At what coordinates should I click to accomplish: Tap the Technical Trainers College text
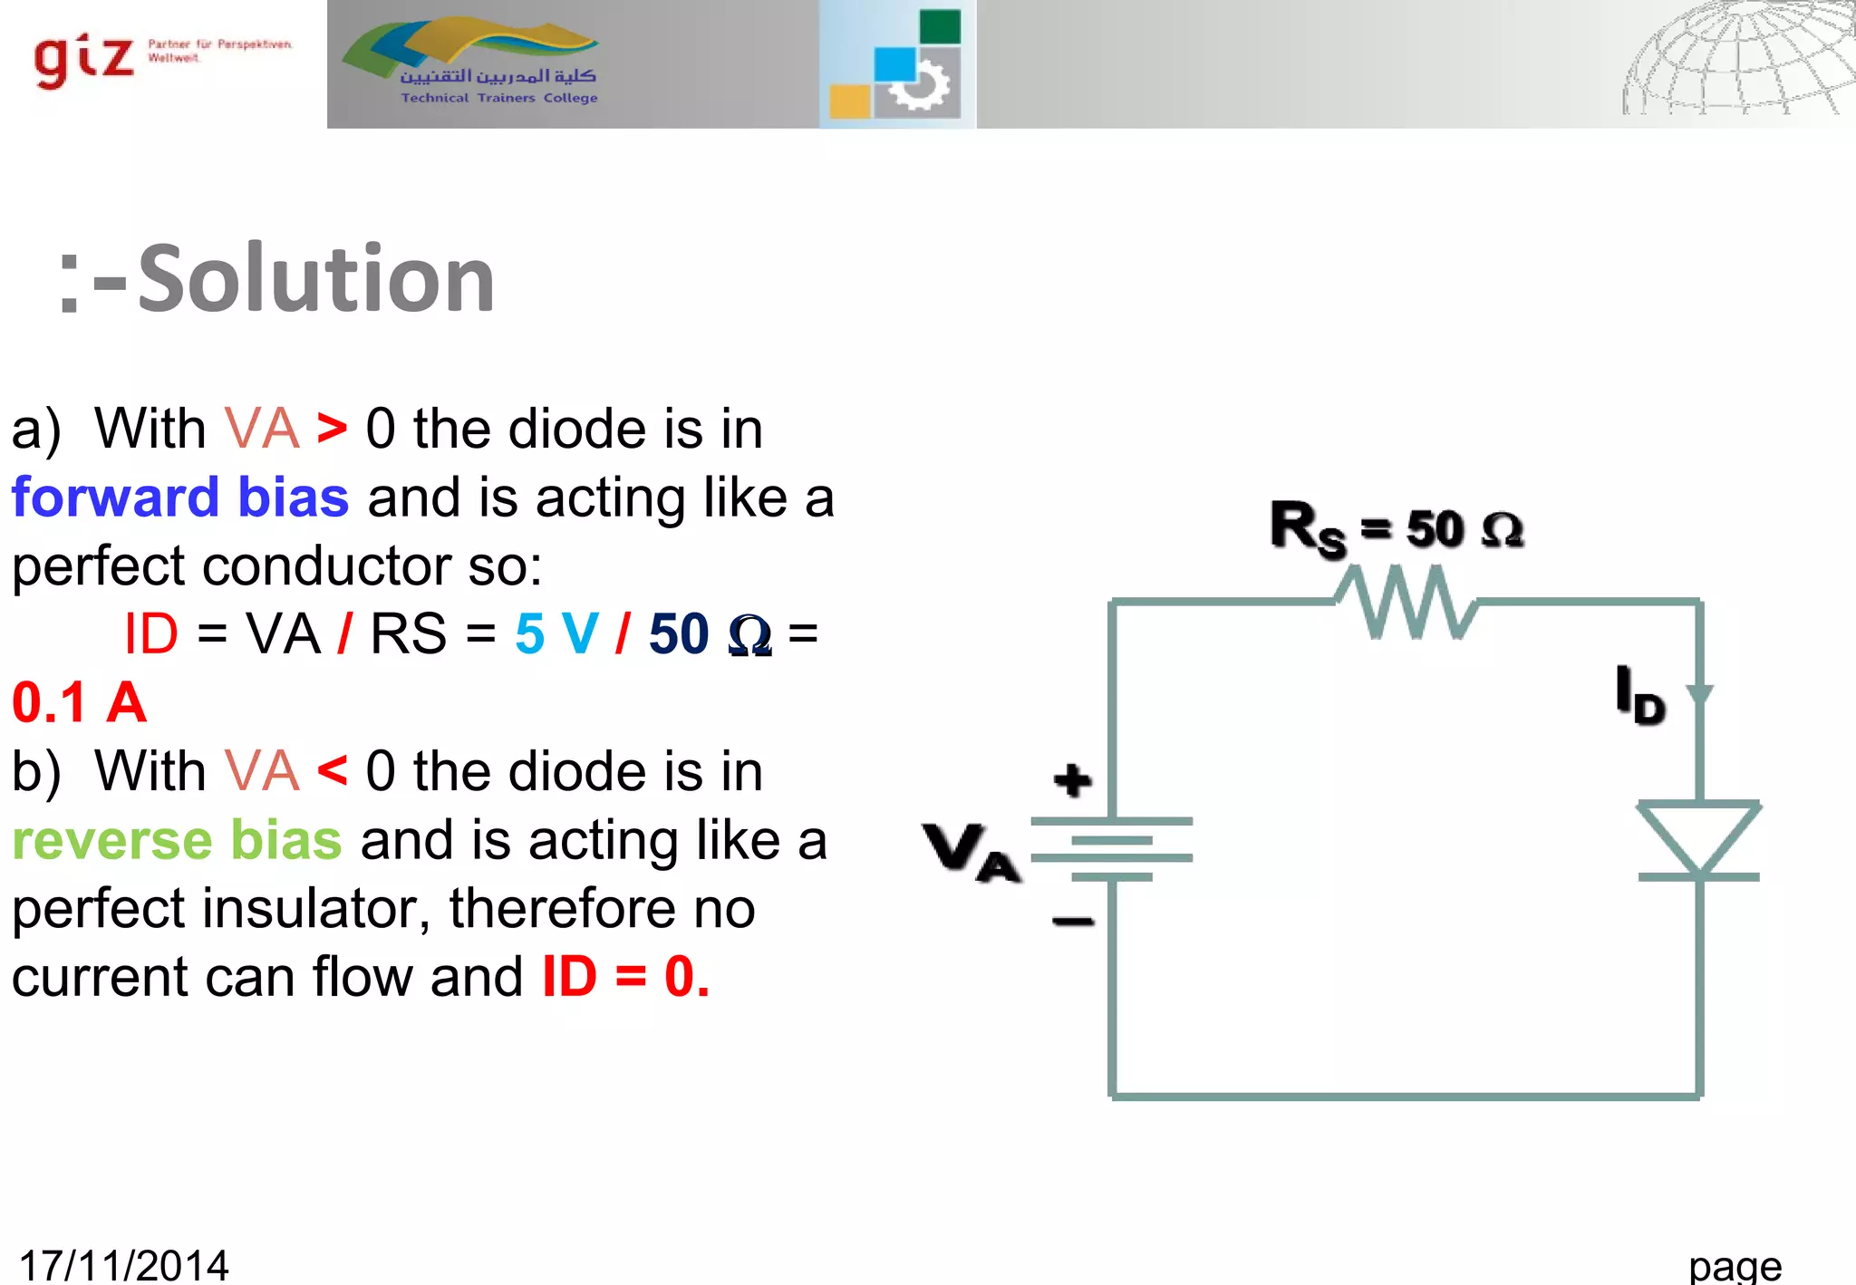[x=499, y=98]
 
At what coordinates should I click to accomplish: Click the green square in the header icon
[x=940, y=26]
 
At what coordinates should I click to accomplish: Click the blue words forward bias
[x=180, y=498]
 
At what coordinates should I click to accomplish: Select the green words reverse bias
[x=177, y=840]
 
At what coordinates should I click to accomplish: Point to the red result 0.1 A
[x=79, y=702]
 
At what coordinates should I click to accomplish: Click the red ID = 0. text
[x=625, y=977]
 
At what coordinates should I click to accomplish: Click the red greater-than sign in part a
[x=332, y=429]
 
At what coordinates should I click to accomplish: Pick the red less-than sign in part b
[x=332, y=771]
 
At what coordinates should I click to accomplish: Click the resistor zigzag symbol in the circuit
[x=1406, y=602]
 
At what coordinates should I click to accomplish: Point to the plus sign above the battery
[x=1073, y=780]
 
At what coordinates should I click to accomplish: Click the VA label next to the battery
[x=971, y=852]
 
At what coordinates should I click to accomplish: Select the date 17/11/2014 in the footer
[x=123, y=1265]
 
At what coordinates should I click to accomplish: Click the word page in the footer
[x=1735, y=1266]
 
